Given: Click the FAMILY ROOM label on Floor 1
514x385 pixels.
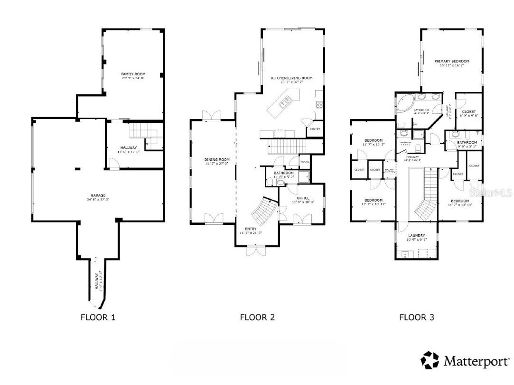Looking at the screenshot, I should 133,74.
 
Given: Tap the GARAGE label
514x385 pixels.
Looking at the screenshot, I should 98,195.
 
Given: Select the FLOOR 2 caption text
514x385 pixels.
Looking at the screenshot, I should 257,317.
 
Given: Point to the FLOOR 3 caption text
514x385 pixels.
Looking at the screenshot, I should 416,317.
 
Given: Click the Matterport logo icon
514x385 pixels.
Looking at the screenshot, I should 430,360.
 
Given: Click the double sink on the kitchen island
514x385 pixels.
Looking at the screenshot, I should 286,101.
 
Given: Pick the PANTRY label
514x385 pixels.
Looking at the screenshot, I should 315,129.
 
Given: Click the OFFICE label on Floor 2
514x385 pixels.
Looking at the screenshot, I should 303,198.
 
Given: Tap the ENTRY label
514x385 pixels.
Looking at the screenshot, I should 251,229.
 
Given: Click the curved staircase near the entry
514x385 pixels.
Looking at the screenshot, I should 262,212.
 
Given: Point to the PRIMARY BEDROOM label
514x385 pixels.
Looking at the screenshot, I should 452,61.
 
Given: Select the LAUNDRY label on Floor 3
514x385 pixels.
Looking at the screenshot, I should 416,235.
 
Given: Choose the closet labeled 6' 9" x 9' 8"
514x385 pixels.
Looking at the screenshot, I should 468,114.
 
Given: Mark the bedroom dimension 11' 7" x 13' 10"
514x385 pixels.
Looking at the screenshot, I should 460,205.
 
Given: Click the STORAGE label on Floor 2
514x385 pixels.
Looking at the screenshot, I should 304,162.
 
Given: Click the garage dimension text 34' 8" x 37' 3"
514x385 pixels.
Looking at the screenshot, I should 98,200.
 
